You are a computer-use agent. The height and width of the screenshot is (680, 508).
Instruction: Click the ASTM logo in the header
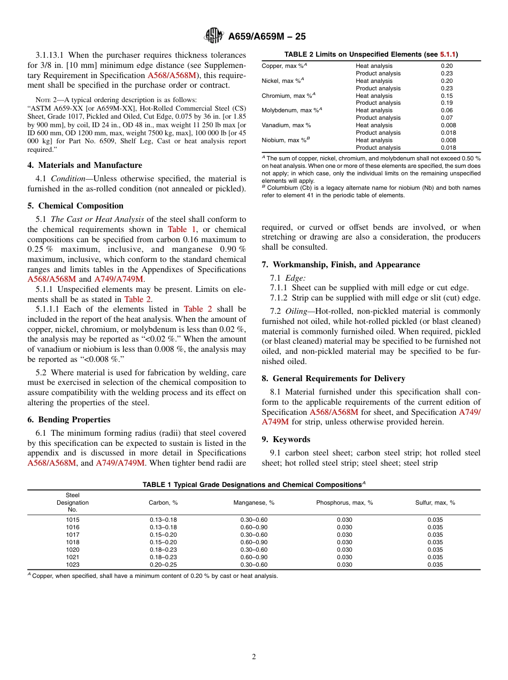point(214,36)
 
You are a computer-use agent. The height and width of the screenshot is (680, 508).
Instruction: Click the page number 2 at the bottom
point(254,657)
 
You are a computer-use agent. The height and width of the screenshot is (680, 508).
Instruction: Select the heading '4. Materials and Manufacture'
point(85,165)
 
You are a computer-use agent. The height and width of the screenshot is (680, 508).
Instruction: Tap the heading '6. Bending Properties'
point(69,420)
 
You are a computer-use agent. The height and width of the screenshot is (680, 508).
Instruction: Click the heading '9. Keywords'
point(286,439)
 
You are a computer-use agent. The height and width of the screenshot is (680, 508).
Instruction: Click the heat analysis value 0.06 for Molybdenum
point(447,110)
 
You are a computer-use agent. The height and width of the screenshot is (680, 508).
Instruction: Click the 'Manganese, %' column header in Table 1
point(253,503)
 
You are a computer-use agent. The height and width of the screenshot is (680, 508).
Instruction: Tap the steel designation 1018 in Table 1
point(73,542)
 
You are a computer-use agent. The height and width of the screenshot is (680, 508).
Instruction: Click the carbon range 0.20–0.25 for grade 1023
point(163,565)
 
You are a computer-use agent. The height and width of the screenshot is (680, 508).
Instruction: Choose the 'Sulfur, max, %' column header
point(435,503)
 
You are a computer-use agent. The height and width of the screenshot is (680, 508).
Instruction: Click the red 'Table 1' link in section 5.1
point(182,229)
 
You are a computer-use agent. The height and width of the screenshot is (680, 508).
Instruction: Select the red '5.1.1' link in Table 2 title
point(448,55)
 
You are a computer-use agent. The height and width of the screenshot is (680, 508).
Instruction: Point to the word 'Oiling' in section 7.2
point(296,311)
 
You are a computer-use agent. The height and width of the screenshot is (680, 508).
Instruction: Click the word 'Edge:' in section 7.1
point(295,277)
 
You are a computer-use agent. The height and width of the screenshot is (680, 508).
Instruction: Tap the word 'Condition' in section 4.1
point(68,179)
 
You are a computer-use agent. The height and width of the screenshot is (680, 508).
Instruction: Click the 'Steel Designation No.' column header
point(73,503)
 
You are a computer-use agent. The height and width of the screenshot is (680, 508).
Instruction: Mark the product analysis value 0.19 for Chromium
point(447,103)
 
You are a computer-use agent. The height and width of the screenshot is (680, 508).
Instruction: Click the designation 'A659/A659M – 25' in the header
point(267,37)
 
